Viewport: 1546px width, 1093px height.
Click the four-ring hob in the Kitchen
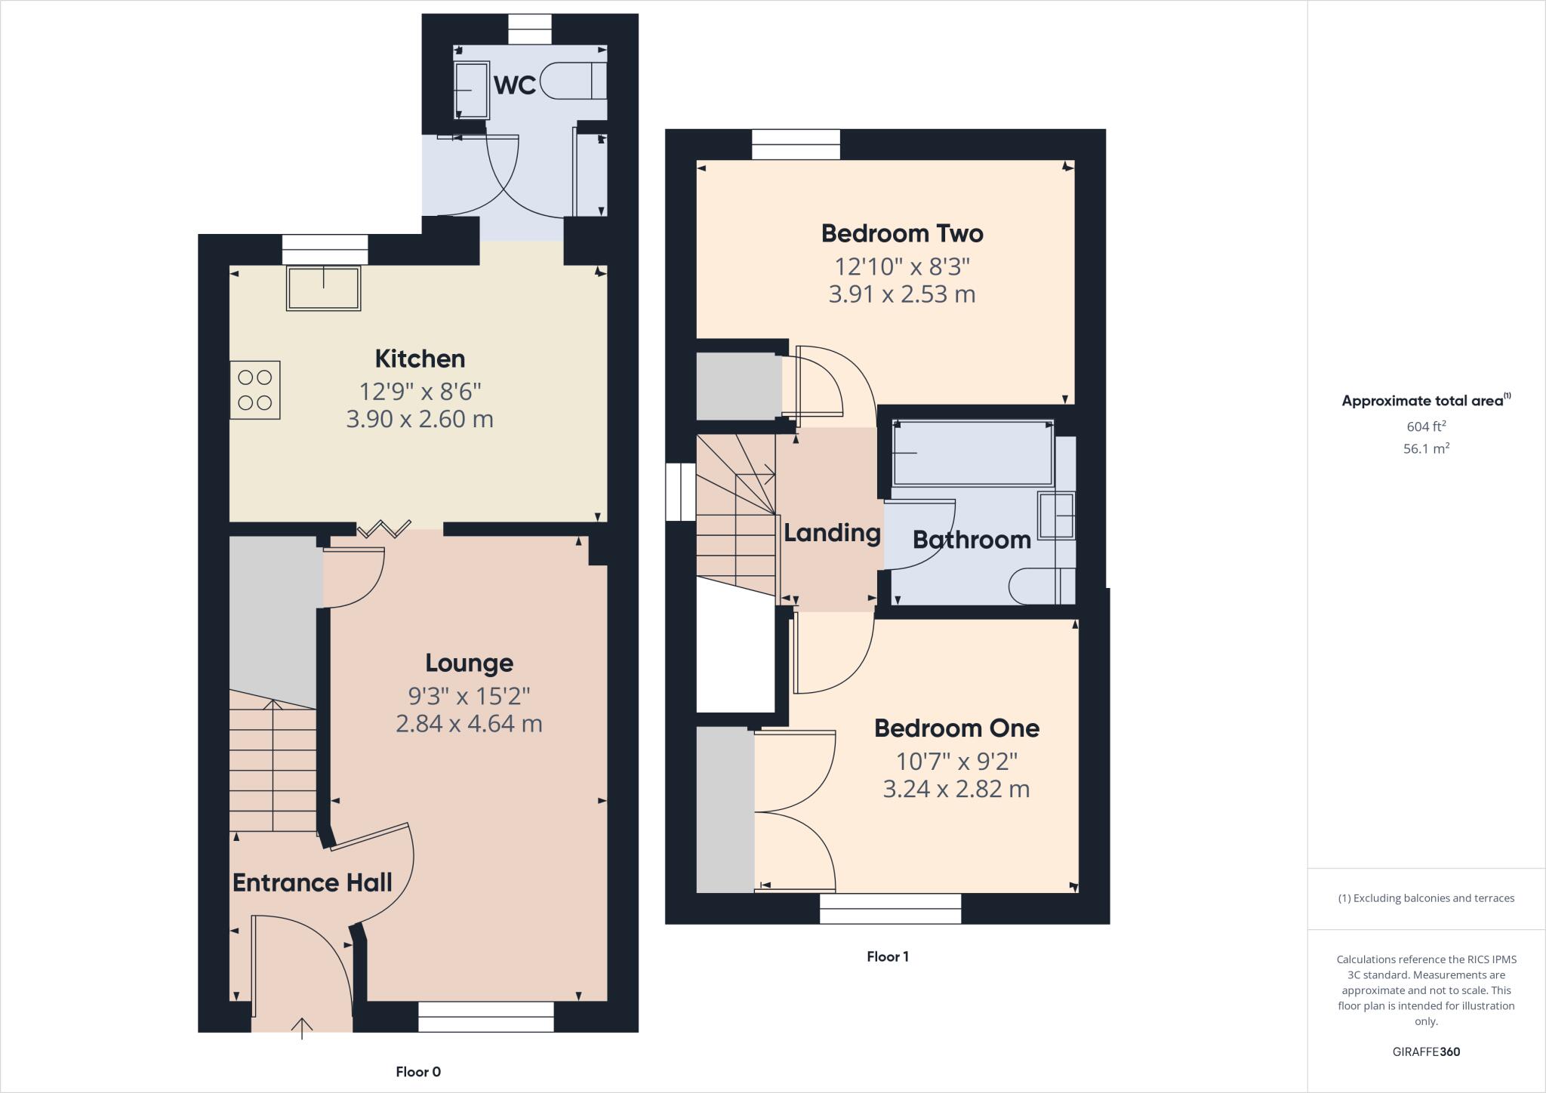(x=255, y=390)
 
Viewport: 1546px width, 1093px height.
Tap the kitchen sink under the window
(x=323, y=288)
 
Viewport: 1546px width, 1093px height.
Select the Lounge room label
(x=469, y=663)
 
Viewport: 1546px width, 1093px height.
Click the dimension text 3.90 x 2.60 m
(x=420, y=419)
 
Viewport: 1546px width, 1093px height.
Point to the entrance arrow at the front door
(x=302, y=1028)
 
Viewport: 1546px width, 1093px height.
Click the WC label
(x=515, y=85)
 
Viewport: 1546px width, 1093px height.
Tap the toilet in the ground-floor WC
(x=577, y=82)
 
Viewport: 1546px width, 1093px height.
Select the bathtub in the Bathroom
(x=972, y=453)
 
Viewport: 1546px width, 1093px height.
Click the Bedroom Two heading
(x=902, y=233)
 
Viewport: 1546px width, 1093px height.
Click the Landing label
(x=832, y=533)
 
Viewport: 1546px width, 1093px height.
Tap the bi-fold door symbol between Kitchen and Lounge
(x=384, y=528)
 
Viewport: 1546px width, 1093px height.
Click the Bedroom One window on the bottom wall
(x=890, y=909)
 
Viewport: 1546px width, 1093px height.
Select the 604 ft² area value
(x=1426, y=426)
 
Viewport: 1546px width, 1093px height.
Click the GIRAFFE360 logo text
(x=1426, y=1051)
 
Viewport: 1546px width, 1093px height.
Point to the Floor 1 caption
(x=887, y=956)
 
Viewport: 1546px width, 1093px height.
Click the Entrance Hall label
(x=312, y=882)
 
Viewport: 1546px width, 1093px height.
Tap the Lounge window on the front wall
(x=485, y=1017)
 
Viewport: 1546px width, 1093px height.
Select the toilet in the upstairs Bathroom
(x=1040, y=587)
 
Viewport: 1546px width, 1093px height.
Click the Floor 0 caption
(x=418, y=1072)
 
